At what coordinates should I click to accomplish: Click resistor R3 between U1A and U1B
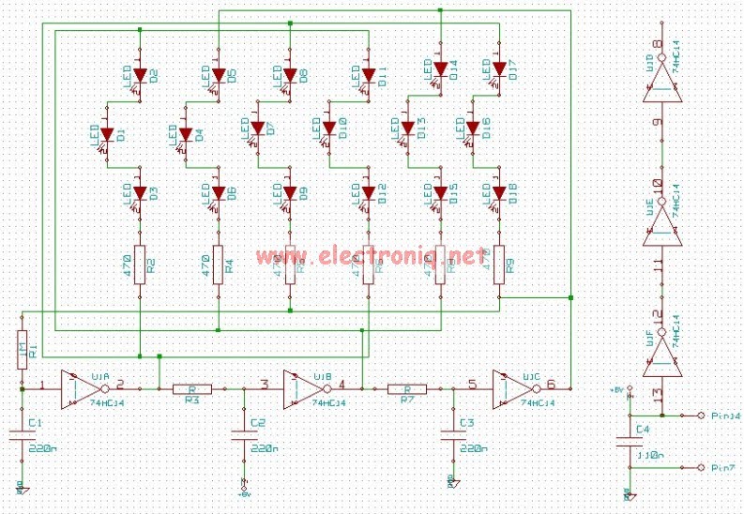pos(191,388)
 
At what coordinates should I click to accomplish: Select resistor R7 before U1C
pos(407,388)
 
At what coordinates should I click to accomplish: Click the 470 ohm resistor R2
pos(140,264)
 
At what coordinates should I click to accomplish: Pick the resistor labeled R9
pos(498,264)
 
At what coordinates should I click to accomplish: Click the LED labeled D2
pos(140,74)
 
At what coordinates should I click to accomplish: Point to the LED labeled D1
pos(106,133)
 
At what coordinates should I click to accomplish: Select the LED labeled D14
pos(440,68)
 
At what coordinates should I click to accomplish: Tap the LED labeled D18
pos(498,193)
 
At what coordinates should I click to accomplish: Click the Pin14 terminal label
pos(726,415)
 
